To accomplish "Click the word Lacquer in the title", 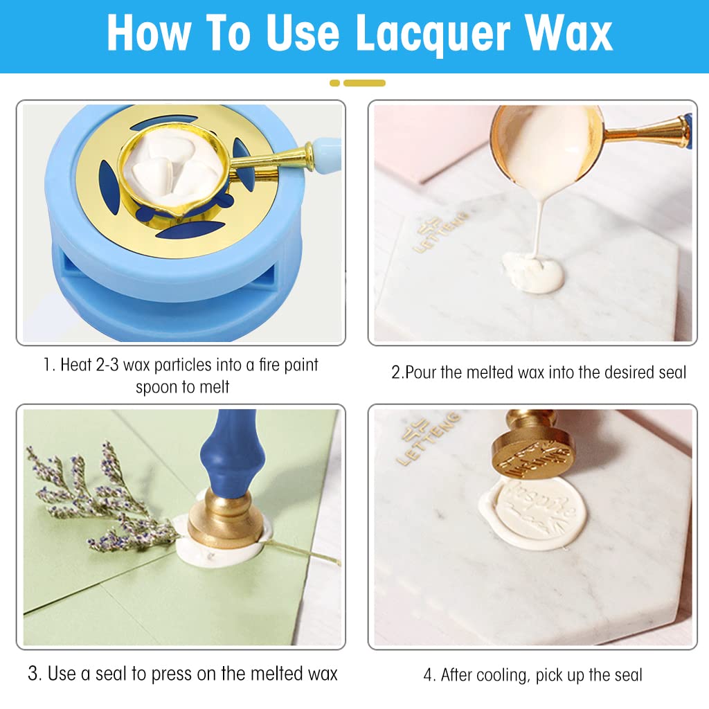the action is pos(433,35).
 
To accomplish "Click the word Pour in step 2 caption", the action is pos(420,372).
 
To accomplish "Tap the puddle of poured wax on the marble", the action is pos(533,271).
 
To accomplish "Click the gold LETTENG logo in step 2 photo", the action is pos(438,233).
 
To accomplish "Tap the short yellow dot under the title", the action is pos(334,83).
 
